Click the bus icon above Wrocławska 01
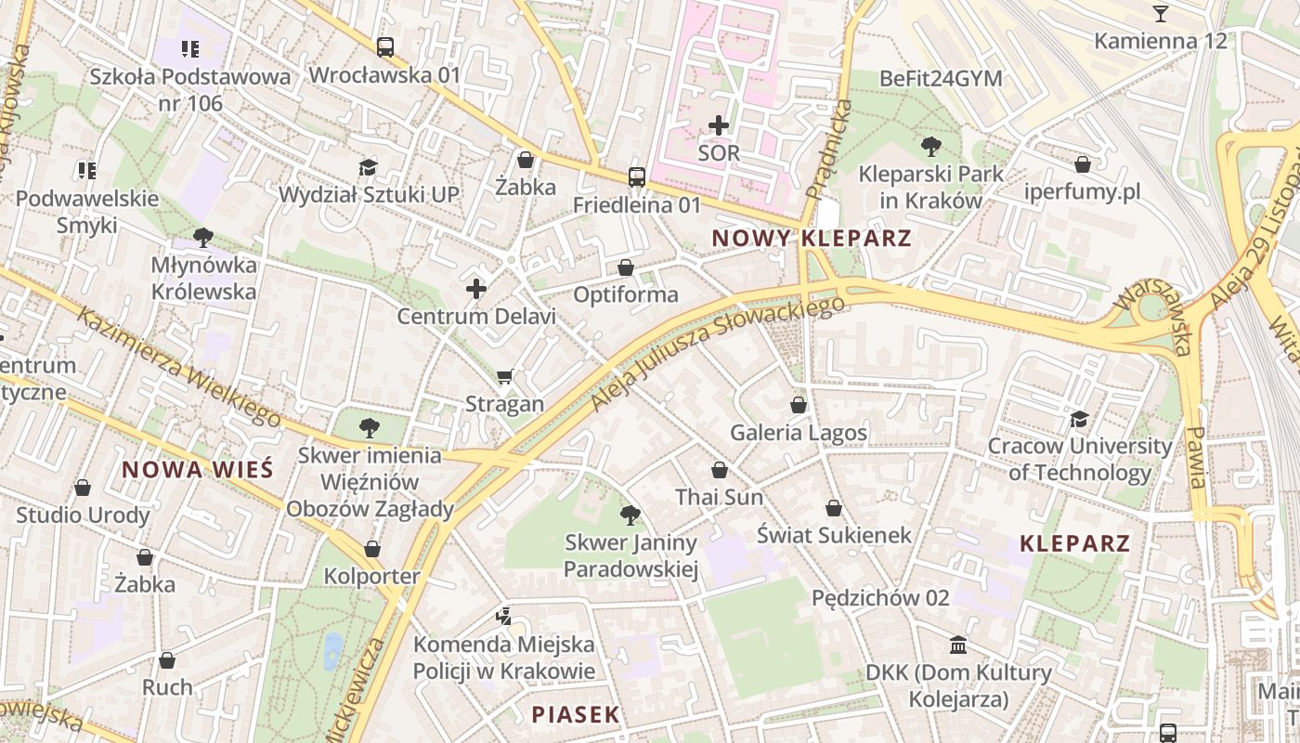(384, 46)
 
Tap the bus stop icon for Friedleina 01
(637, 176)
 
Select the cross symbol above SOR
(719, 124)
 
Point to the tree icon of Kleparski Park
(930, 146)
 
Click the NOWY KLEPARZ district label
(812, 239)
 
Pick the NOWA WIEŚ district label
(198, 469)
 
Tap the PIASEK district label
(575, 714)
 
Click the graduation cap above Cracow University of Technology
(1079, 419)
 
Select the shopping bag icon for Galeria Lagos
(799, 405)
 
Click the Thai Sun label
(720, 497)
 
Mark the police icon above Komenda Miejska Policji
(503, 616)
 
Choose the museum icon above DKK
(958, 645)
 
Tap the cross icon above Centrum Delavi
(476, 290)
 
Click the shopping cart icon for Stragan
(504, 376)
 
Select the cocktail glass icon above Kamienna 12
(1160, 13)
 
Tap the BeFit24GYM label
(941, 79)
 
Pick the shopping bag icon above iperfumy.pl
(1083, 165)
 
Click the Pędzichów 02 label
(880, 597)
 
